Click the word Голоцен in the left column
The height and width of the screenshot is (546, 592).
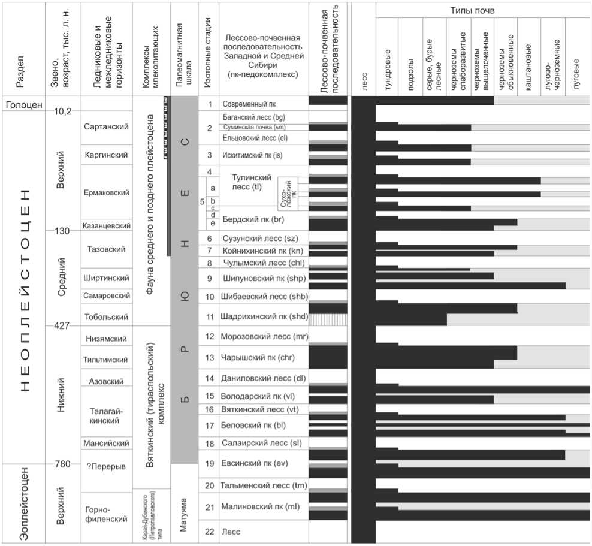[24, 105]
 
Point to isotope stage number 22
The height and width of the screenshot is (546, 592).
[210, 532]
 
